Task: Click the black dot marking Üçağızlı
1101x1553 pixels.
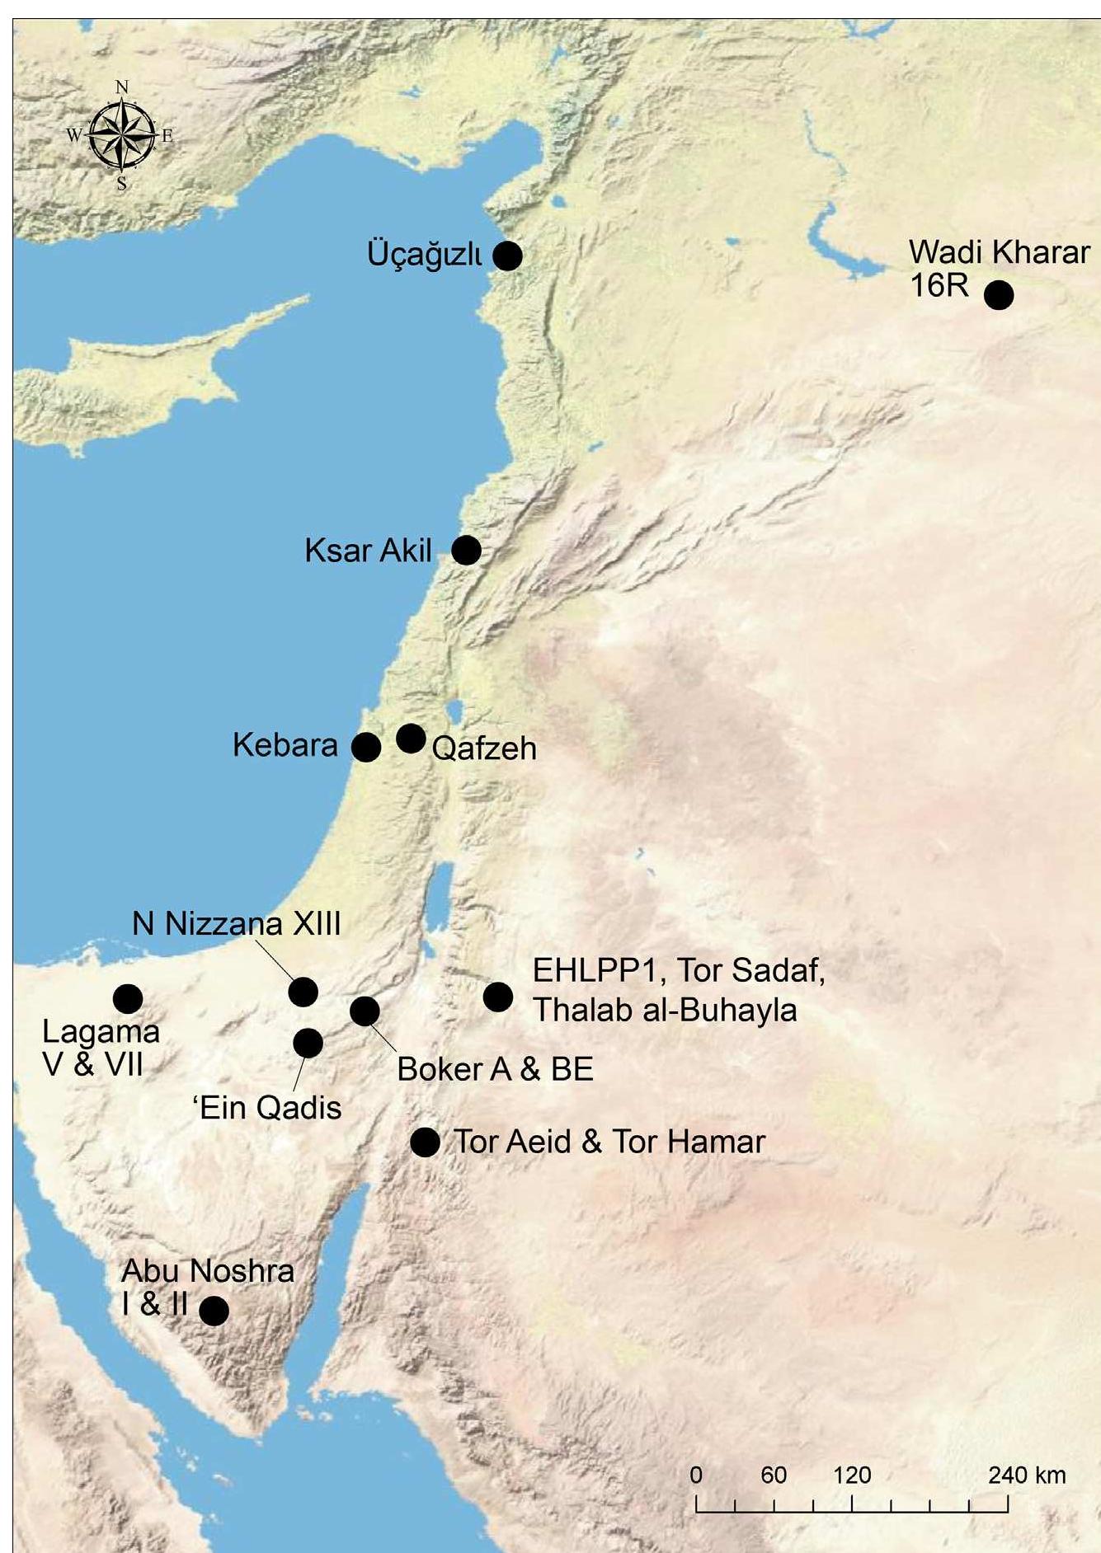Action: [507, 256]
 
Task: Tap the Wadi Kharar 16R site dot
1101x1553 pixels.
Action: [998, 294]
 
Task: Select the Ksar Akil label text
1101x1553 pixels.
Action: [368, 551]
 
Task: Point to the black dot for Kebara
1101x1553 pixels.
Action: [366, 747]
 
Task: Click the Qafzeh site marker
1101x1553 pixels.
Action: [411, 738]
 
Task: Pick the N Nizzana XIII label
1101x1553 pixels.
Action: [236, 924]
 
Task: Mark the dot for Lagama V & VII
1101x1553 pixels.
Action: [128, 998]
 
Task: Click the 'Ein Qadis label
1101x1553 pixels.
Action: [268, 1108]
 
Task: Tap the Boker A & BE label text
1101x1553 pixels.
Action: [495, 1070]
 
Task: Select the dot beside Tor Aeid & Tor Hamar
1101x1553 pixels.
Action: [425, 1142]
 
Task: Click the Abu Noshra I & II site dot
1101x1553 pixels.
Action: [214, 1310]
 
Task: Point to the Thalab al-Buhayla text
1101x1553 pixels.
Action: [665, 1010]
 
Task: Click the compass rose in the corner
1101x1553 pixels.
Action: [121, 134]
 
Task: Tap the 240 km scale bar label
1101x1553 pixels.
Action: [1027, 1475]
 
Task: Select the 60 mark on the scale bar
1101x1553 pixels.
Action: [773, 1475]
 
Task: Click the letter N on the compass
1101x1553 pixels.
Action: [121, 87]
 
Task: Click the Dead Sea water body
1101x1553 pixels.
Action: [442, 886]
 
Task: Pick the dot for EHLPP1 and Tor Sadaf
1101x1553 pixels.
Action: [497, 997]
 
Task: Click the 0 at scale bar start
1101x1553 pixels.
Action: [696, 1475]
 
